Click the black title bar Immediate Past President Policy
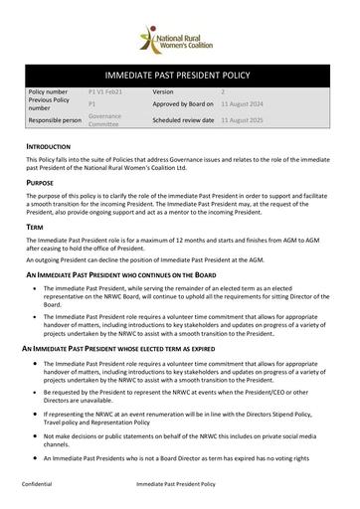[179, 76]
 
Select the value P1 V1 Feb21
[105, 91]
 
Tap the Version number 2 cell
[226, 91]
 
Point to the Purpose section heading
[41, 183]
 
